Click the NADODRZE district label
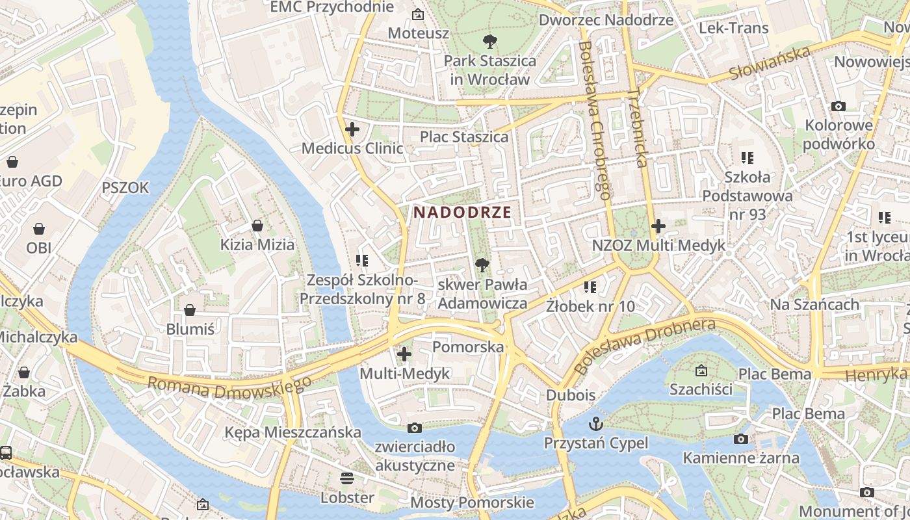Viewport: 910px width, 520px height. click(x=462, y=212)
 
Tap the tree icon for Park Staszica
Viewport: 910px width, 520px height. click(x=489, y=42)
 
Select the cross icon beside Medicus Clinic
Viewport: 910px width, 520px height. click(x=352, y=129)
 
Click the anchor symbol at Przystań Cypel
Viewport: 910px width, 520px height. click(x=596, y=424)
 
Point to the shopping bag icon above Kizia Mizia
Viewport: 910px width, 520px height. click(x=257, y=226)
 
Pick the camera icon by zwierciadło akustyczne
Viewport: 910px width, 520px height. click(x=414, y=428)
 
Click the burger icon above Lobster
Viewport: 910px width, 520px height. click(x=347, y=478)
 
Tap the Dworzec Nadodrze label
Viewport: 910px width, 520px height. click(x=606, y=19)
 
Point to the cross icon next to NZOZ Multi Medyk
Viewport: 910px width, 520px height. click(x=658, y=226)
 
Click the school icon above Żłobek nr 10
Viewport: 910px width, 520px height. click(x=590, y=287)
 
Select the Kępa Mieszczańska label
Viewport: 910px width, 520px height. click(x=292, y=432)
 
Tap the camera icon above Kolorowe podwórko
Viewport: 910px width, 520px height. click(x=838, y=106)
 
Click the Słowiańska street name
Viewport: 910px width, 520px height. click(x=770, y=63)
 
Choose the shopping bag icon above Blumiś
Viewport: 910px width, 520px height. click(x=190, y=310)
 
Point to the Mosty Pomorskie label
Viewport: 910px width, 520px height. click(x=472, y=502)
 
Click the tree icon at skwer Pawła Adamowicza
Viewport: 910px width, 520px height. click(x=482, y=265)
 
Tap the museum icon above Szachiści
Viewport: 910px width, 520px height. click(x=701, y=370)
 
